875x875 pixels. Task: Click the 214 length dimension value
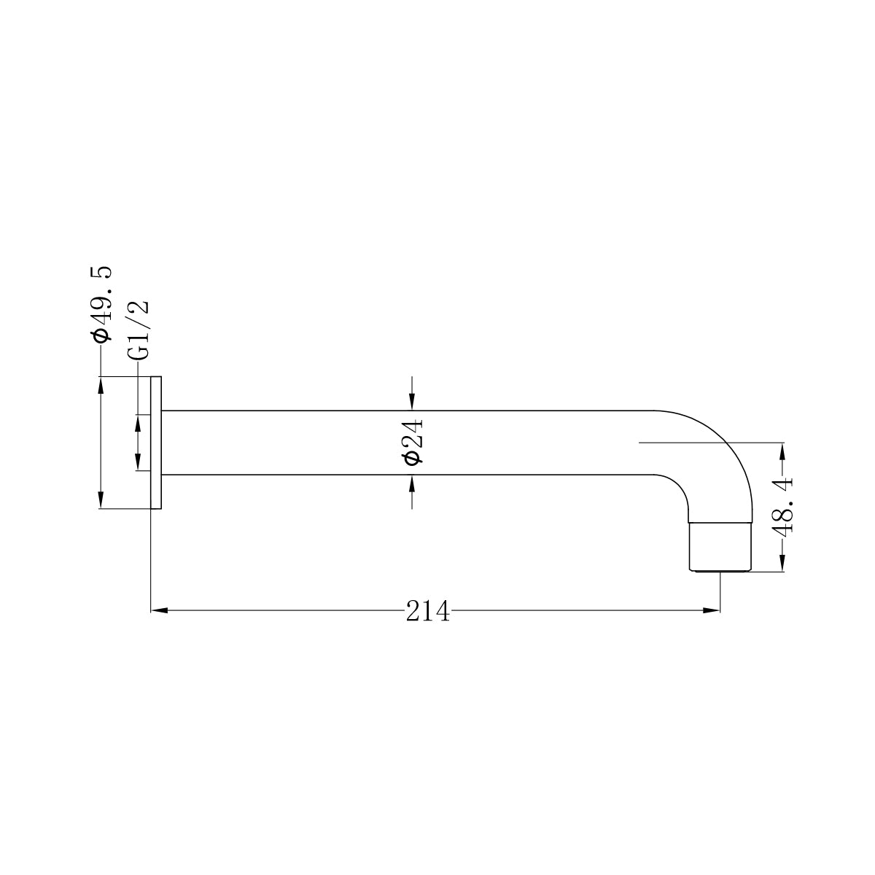pyautogui.click(x=428, y=611)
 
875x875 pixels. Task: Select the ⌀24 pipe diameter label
pyautogui.click(x=412, y=442)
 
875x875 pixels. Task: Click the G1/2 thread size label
pyautogui.click(x=138, y=330)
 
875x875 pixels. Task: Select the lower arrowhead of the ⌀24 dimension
pyautogui.click(x=412, y=484)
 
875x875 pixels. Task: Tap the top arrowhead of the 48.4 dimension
pyautogui.click(x=782, y=451)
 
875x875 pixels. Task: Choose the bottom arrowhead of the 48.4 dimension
pyautogui.click(x=782, y=564)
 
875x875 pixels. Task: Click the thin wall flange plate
pyautogui.click(x=155, y=443)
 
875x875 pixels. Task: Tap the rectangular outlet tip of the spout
pyautogui.click(x=720, y=546)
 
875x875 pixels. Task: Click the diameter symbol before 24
pyautogui.click(x=412, y=457)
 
